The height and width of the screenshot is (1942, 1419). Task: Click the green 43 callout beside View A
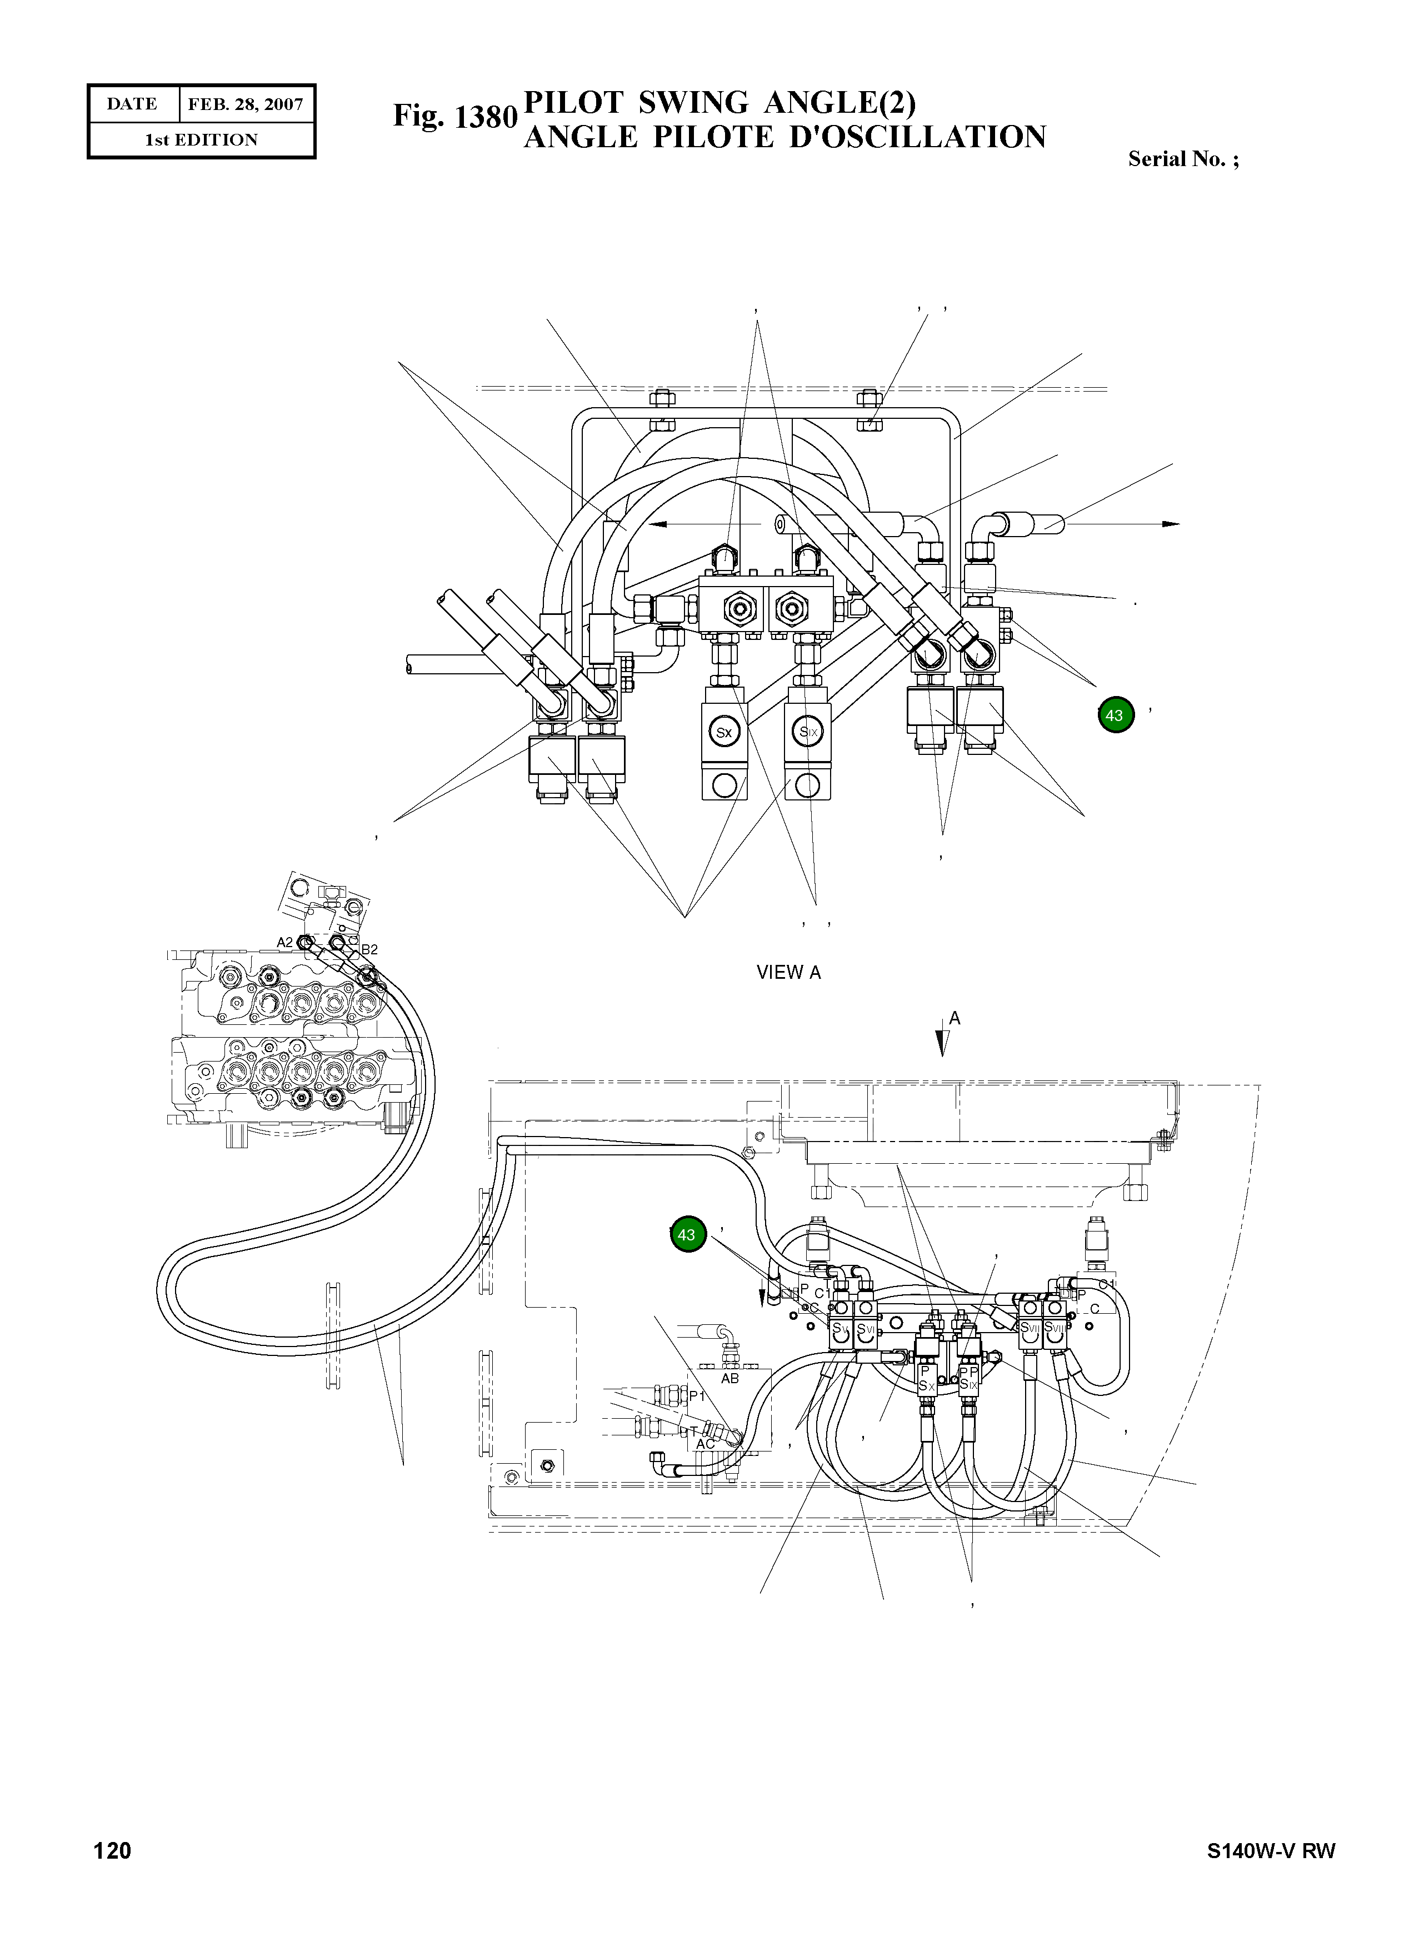(x=1115, y=714)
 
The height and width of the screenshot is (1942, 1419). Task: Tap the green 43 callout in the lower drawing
(x=686, y=1235)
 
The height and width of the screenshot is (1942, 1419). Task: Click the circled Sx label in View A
(x=724, y=732)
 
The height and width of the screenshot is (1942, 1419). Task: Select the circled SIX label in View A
(x=808, y=732)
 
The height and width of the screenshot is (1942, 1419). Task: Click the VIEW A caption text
(x=788, y=972)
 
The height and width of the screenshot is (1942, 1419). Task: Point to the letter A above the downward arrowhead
(x=955, y=1019)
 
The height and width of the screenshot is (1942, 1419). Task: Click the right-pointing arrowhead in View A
(x=1171, y=524)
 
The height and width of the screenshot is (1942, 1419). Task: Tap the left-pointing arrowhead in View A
(x=657, y=523)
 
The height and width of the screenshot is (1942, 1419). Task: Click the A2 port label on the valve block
(x=284, y=942)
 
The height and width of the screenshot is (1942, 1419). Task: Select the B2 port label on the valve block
(x=369, y=949)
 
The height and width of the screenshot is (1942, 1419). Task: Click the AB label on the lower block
(x=730, y=1379)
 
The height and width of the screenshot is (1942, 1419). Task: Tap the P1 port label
(x=697, y=1397)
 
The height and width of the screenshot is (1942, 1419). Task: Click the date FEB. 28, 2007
(x=246, y=105)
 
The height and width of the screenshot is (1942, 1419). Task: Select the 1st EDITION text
(x=201, y=140)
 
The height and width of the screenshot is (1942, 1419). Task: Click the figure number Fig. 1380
(x=454, y=116)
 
